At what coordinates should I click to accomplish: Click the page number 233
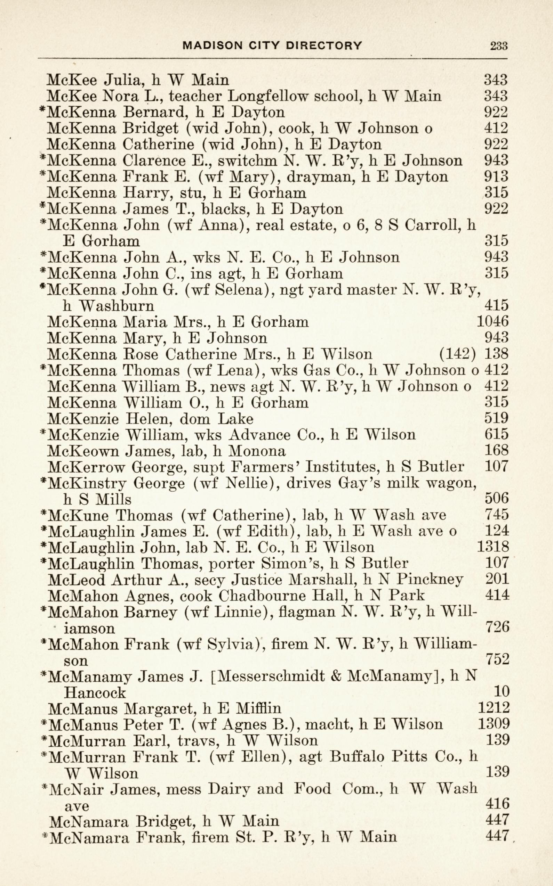point(498,46)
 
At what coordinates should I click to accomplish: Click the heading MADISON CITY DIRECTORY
point(272,45)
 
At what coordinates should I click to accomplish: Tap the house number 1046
point(492,321)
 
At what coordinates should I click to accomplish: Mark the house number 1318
point(492,547)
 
